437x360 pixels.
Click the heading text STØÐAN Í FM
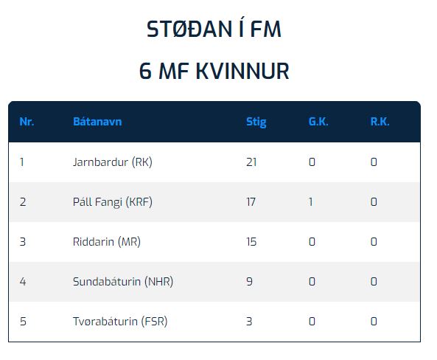[214, 28]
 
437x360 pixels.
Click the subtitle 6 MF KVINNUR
[214, 71]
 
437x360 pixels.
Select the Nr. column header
[27, 122]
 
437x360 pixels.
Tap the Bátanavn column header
[97, 122]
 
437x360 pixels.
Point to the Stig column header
[256, 122]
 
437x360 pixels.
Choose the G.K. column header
[318, 122]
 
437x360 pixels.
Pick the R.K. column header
[380, 122]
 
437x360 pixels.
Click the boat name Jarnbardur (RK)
[113, 162]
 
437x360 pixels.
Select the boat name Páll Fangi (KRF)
[113, 202]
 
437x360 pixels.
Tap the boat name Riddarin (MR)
[107, 242]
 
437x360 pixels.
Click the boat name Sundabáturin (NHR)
[123, 282]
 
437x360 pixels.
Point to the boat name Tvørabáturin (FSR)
[120, 321]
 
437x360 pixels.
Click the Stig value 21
[251, 162]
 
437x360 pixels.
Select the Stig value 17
[251, 202]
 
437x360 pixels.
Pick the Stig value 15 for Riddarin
[251, 242]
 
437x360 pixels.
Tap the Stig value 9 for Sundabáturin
[249, 282]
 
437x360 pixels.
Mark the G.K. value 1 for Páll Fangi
[310, 202]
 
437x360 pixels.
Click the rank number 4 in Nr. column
[23, 282]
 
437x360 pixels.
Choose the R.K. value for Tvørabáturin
[374, 321]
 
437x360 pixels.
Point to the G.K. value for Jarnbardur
[312, 162]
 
